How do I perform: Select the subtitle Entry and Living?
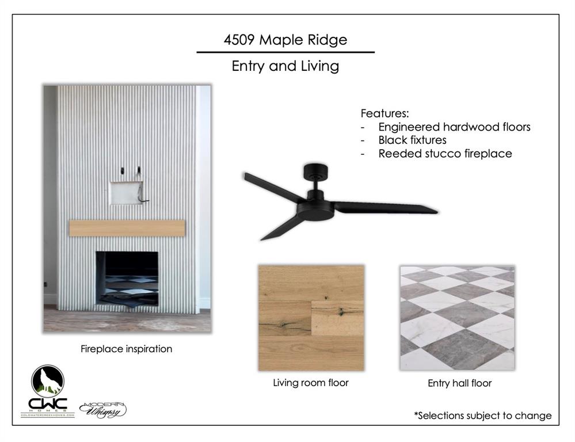click(x=285, y=66)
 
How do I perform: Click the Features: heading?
click(x=384, y=113)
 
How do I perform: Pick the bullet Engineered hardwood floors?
click(x=454, y=127)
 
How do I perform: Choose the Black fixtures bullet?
click(x=412, y=140)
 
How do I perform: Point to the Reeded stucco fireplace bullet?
click(x=445, y=154)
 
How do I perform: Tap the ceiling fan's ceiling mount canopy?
click(x=315, y=170)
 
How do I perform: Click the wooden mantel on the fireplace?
click(x=127, y=227)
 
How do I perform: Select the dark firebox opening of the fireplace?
click(x=127, y=278)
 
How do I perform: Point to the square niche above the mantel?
click(x=126, y=193)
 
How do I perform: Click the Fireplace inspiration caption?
click(x=126, y=349)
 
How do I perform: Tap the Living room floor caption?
click(x=311, y=383)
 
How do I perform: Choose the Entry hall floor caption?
click(x=459, y=383)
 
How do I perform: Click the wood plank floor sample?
click(x=311, y=317)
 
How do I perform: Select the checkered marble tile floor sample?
click(x=457, y=317)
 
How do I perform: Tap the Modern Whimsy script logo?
click(x=102, y=409)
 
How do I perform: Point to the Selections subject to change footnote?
click(x=482, y=416)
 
